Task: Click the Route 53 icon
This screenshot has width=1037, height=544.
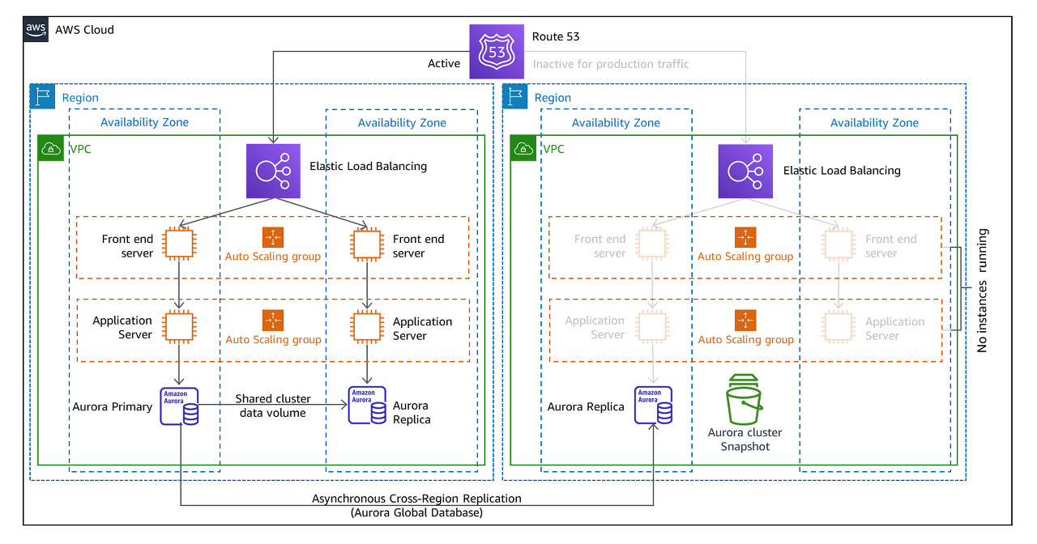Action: (x=497, y=52)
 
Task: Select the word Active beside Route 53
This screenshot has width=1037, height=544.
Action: (x=444, y=63)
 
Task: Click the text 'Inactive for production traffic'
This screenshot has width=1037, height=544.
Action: (x=611, y=63)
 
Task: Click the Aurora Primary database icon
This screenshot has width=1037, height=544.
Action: (x=179, y=406)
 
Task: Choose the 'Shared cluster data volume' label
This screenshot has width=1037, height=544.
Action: (x=271, y=406)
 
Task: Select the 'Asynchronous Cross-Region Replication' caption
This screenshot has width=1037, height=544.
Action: (x=416, y=499)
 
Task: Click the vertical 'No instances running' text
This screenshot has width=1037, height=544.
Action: (x=982, y=290)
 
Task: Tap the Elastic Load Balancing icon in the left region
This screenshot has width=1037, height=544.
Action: (x=273, y=171)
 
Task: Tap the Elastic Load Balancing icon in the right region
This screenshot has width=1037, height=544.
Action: (x=745, y=171)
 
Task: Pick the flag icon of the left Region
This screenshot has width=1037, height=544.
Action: (x=42, y=96)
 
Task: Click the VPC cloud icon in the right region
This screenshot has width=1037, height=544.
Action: (x=523, y=147)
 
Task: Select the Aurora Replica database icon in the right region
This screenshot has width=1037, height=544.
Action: (x=653, y=406)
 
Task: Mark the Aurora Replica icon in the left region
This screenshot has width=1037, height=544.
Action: (x=367, y=406)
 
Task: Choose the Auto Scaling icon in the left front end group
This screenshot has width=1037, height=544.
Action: (x=273, y=237)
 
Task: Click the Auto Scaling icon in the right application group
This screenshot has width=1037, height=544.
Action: (x=745, y=320)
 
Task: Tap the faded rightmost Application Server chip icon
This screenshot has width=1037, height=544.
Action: (x=839, y=325)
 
